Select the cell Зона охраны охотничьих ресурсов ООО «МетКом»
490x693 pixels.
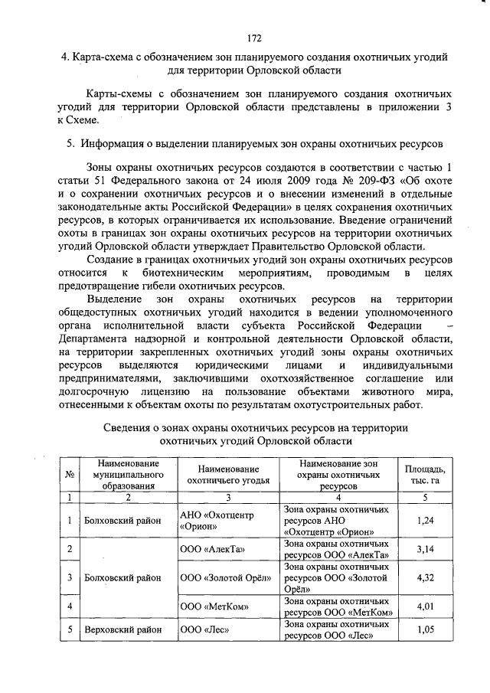pos(338,606)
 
